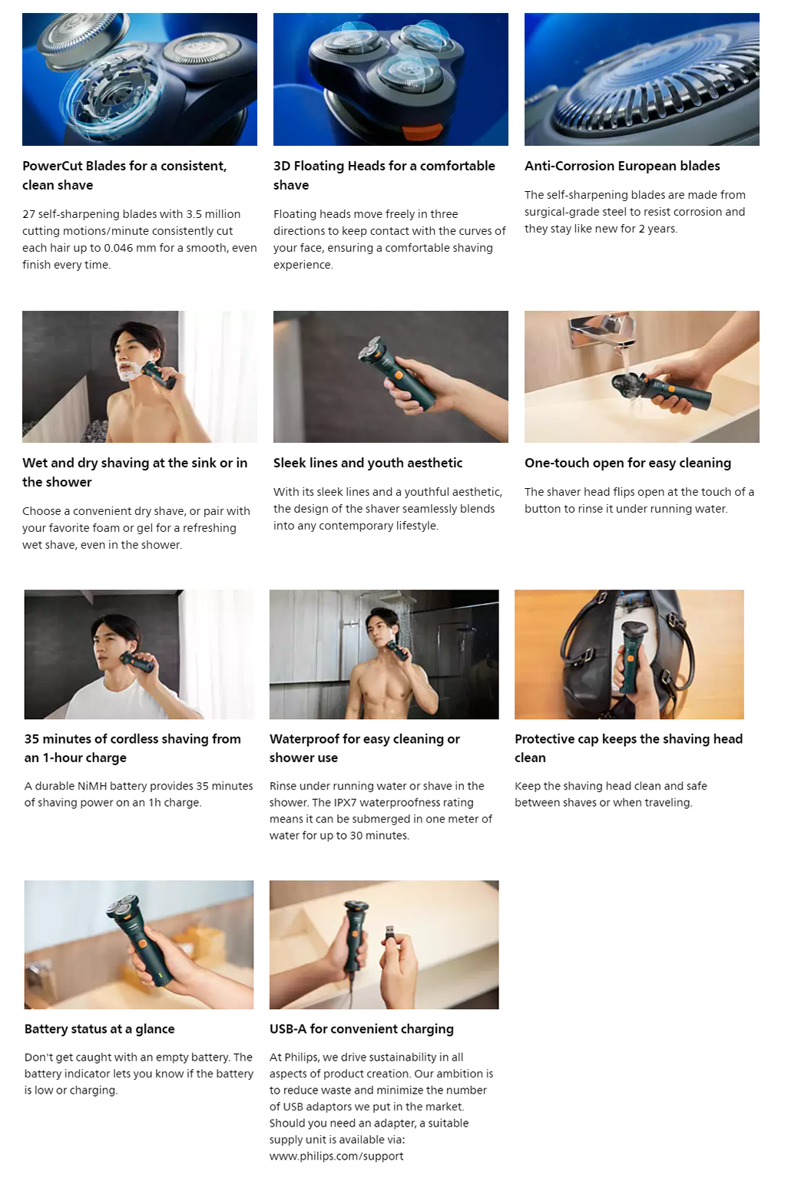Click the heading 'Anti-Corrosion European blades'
coord(622,167)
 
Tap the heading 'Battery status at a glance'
coord(100,1028)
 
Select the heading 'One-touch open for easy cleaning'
coord(627,463)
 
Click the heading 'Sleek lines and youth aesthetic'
coord(368,463)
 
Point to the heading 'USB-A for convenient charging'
coord(361,1029)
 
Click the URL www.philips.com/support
coord(336,1157)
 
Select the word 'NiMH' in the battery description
coord(93,786)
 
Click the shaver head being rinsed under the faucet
coord(629,382)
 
